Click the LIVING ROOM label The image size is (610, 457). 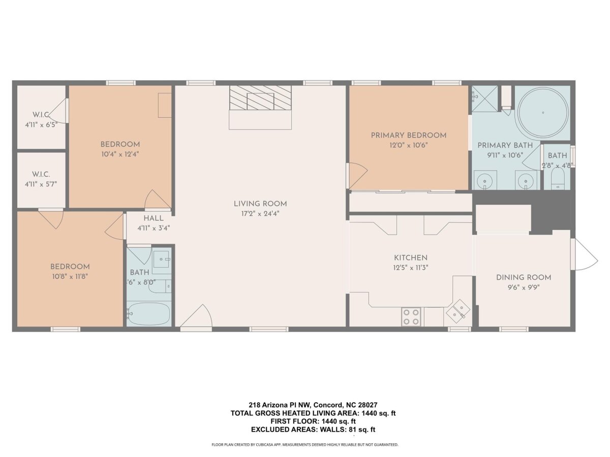point(260,204)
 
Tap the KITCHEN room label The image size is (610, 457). point(411,258)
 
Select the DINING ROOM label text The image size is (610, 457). point(524,277)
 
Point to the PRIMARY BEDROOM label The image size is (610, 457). point(409,136)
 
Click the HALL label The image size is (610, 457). point(154,218)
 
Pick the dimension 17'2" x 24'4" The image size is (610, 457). point(260,214)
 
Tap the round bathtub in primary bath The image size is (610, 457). point(542,112)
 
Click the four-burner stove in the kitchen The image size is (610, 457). point(411,316)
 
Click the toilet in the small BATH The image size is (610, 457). point(558,179)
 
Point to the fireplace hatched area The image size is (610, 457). point(260,97)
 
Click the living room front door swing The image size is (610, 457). point(197,316)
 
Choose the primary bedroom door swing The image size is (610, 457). point(357,175)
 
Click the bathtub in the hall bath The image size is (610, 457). point(149,313)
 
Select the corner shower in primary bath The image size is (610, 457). point(484,99)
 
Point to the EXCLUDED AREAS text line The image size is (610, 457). point(313,430)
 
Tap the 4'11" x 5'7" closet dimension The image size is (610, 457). point(41,184)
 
